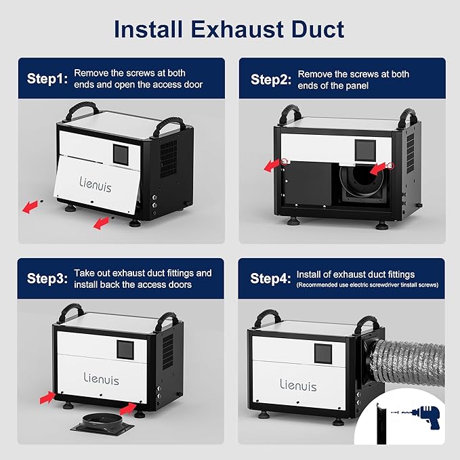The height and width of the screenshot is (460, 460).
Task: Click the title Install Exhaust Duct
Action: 229,29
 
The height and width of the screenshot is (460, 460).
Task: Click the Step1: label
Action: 47,79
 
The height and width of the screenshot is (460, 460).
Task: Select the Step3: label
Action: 47,278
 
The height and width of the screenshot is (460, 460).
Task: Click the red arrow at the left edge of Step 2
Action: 272,165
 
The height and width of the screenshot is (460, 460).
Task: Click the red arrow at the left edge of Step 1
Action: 30,207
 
